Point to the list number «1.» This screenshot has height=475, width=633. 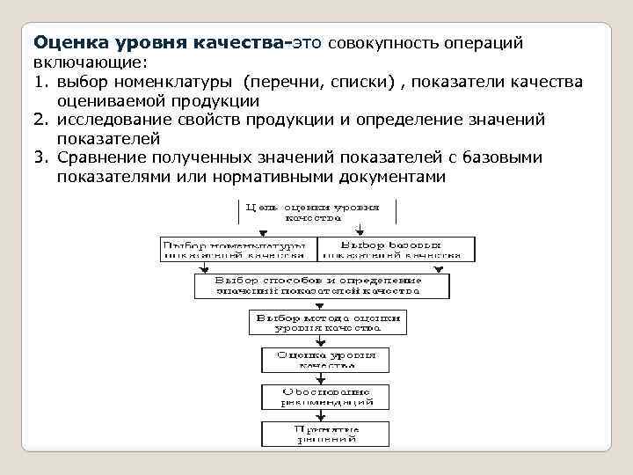42,82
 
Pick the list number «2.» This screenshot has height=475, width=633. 42,120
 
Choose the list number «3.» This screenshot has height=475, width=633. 42,157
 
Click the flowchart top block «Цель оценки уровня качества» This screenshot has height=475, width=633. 317,214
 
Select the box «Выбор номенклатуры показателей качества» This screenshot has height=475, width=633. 235,249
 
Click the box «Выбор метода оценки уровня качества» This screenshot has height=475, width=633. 327,322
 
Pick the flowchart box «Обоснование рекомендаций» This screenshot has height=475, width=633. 325,396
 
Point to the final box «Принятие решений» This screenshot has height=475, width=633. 325,433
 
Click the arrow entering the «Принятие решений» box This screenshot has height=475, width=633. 325,416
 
